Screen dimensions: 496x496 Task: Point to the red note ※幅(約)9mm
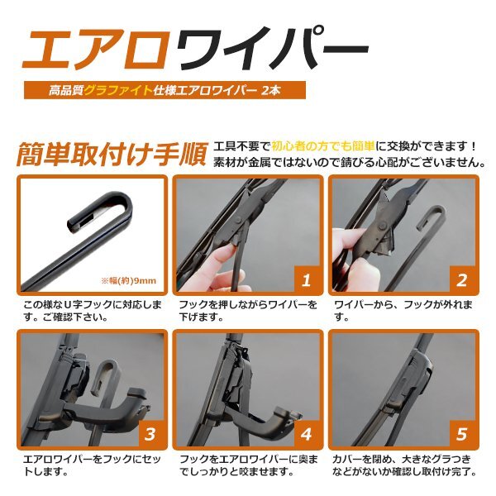(130, 280)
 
